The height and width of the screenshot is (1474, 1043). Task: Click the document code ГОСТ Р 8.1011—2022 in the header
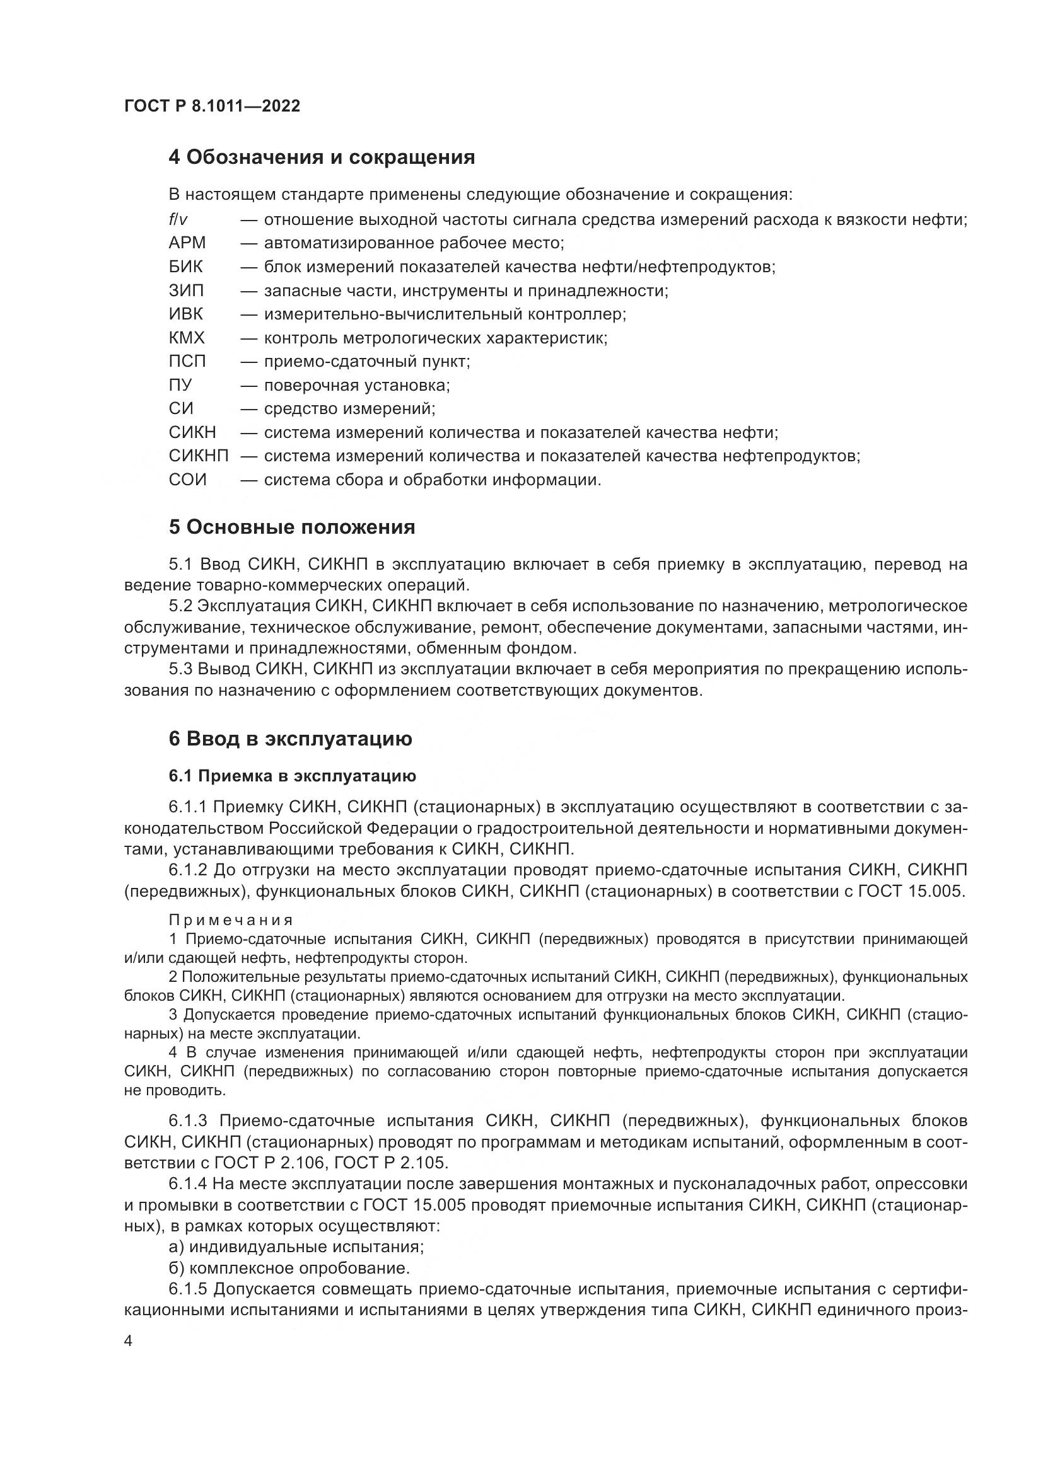(x=212, y=106)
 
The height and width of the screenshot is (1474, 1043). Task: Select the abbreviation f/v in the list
(x=178, y=220)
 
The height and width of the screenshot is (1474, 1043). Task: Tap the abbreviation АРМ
(x=187, y=243)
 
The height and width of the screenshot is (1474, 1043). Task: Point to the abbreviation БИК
(x=185, y=267)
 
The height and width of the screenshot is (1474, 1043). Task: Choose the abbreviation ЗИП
(x=185, y=291)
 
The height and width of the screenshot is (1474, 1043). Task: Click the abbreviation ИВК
(x=185, y=314)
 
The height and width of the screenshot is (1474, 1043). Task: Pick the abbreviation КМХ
(x=186, y=338)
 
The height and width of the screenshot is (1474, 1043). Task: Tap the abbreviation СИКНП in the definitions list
(x=199, y=456)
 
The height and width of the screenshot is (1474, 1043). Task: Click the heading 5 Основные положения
(x=291, y=527)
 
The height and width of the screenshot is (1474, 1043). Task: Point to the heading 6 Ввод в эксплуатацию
(x=290, y=739)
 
